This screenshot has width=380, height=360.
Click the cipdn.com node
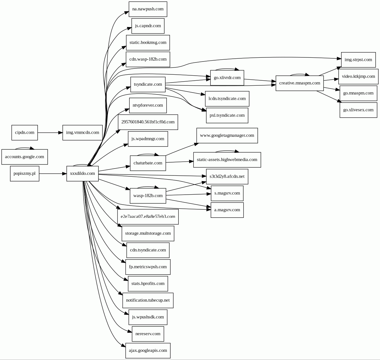tap(24, 132)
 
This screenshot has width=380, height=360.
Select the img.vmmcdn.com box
tap(82, 132)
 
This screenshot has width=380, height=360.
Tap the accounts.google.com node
tap(24, 157)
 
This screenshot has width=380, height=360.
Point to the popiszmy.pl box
tap(24, 174)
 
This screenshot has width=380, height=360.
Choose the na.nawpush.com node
tap(148, 9)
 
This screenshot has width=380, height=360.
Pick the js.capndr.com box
tap(148, 26)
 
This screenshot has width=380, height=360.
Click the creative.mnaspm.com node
tap(299, 83)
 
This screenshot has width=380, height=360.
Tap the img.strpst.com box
tap(358, 60)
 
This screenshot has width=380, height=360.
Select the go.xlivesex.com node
tap(358, 110)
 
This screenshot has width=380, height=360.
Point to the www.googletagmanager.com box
tap(227, 136)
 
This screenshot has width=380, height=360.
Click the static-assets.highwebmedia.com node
tap(227, 160)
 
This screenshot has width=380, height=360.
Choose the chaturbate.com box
tap(148, 163)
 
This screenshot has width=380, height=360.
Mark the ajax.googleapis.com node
tap(148, 351)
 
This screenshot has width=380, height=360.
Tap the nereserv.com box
tap(148, 334)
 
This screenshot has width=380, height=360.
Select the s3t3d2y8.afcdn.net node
tap(227, 176)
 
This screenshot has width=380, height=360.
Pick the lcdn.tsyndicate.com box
tap(227, 99)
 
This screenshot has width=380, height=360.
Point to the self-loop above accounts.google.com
tap(24, 148)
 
